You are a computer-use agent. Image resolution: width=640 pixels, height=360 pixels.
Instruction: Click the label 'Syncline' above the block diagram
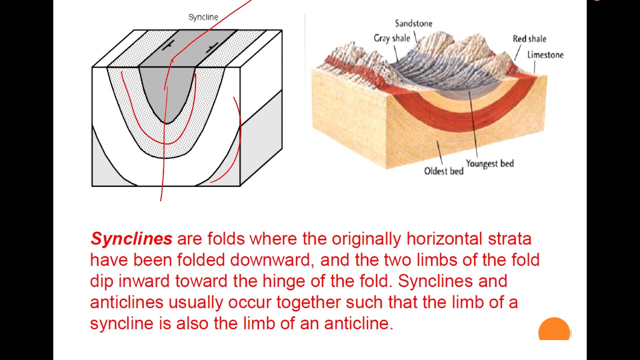[x=203, y=17]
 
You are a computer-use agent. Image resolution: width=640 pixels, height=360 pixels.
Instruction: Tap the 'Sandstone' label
[x=413, y=23]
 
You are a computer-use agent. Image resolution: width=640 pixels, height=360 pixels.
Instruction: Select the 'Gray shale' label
[x=391, y=38]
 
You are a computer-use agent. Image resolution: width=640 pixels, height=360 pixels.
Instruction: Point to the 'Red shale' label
[x=529, y=39]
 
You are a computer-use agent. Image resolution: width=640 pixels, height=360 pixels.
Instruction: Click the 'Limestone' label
[x=545, y=55]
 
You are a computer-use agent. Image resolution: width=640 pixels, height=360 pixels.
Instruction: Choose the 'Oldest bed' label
[x=443, y=171]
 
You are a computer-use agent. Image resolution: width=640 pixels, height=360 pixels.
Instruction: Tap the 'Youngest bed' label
[x=489, y=163]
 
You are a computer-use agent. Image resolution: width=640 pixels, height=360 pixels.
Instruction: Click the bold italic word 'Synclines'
[x=131, y=239]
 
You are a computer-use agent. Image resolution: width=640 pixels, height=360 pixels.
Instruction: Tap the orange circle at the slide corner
[x=554, y=330]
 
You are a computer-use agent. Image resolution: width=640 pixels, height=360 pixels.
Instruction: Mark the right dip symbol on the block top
[x=212, y=48]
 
